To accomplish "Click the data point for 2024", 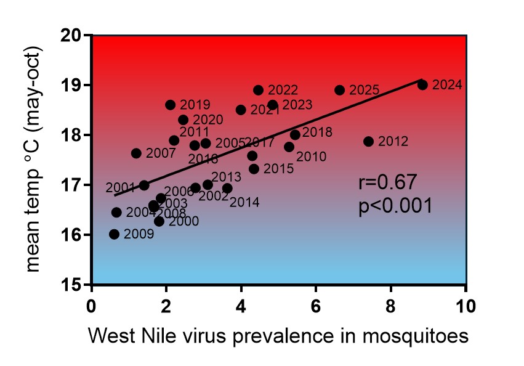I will tap(422, 85).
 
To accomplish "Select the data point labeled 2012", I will tap(369, 142).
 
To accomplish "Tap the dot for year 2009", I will tap(114, 234).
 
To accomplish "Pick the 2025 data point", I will tap(340, 90).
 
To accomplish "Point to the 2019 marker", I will tap(171, 105).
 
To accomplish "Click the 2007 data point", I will tap(136, 153).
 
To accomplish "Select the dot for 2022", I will tap(259, 90).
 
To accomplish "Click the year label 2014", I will tap(244, 201).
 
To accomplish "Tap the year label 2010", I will tap(311, 157).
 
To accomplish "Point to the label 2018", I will tap(318, 132).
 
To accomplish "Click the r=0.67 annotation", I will tap(388, 182).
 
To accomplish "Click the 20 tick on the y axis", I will tap(75, 35).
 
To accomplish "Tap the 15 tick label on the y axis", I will tap(75, 285).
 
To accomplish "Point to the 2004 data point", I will tap(116, 213).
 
